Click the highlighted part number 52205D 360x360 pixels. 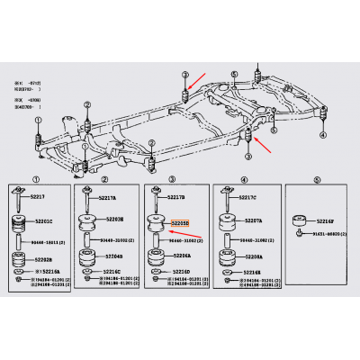coord(180,219)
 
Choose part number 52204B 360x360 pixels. coord(112,256)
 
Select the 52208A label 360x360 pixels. coord(251,256)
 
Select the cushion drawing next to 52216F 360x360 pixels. coord(299,221)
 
